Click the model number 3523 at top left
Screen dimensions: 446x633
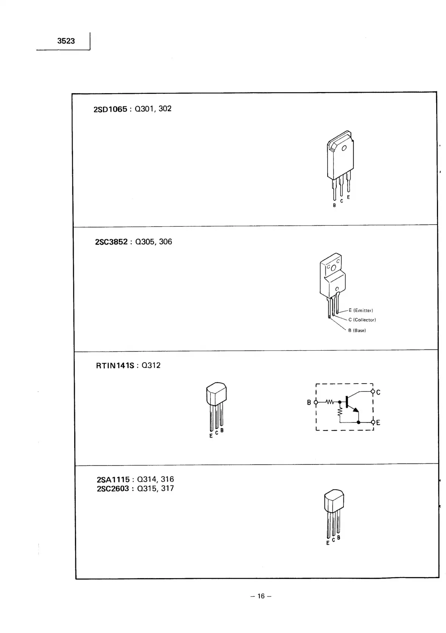[x=66, y=41]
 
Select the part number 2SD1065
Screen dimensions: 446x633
[x=110, y=109]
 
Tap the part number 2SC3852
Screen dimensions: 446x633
[x=111, y=242]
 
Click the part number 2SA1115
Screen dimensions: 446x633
[x=113, y=480]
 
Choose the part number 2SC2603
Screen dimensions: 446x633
[x=113, y=489]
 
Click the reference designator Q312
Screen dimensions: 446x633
[x=151, y=366]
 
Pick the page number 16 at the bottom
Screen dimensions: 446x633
[x=261, y=596]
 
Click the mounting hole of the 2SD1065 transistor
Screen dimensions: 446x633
[x=344, y=148]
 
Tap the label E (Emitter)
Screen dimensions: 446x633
[x=361, y=310]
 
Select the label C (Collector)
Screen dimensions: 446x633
[x=362, y=320]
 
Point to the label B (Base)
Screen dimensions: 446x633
[x=357, y=331]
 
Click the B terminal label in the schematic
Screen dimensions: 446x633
[x=309, y=402]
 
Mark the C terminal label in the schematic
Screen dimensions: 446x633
[x=378, y=392]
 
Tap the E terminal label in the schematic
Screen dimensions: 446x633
[x=378, y=423]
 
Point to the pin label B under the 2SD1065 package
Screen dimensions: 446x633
[x=334, y=206]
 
